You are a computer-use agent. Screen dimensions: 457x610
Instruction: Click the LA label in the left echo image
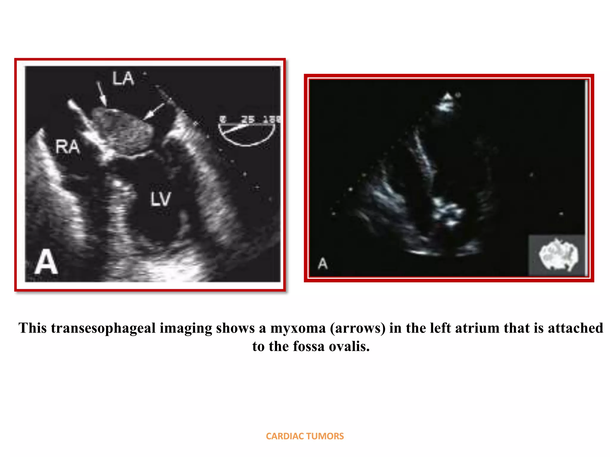pos(123,79)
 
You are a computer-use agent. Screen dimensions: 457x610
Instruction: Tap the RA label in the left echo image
pos(68,147)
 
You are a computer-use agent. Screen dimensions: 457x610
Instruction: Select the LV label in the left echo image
pos(161,199)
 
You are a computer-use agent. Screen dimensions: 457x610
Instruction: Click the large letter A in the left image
pos(46,262)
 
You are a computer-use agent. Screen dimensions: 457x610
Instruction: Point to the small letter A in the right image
pos(323,264)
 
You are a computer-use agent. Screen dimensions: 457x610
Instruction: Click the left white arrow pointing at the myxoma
pos(102,93)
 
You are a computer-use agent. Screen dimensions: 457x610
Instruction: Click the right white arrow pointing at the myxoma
pos(154,112)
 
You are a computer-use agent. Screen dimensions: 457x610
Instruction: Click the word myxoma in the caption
pos(298,328)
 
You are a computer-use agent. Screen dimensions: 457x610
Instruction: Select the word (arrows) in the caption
pos(357,328)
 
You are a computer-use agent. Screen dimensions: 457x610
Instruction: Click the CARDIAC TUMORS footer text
pos(305,436)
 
